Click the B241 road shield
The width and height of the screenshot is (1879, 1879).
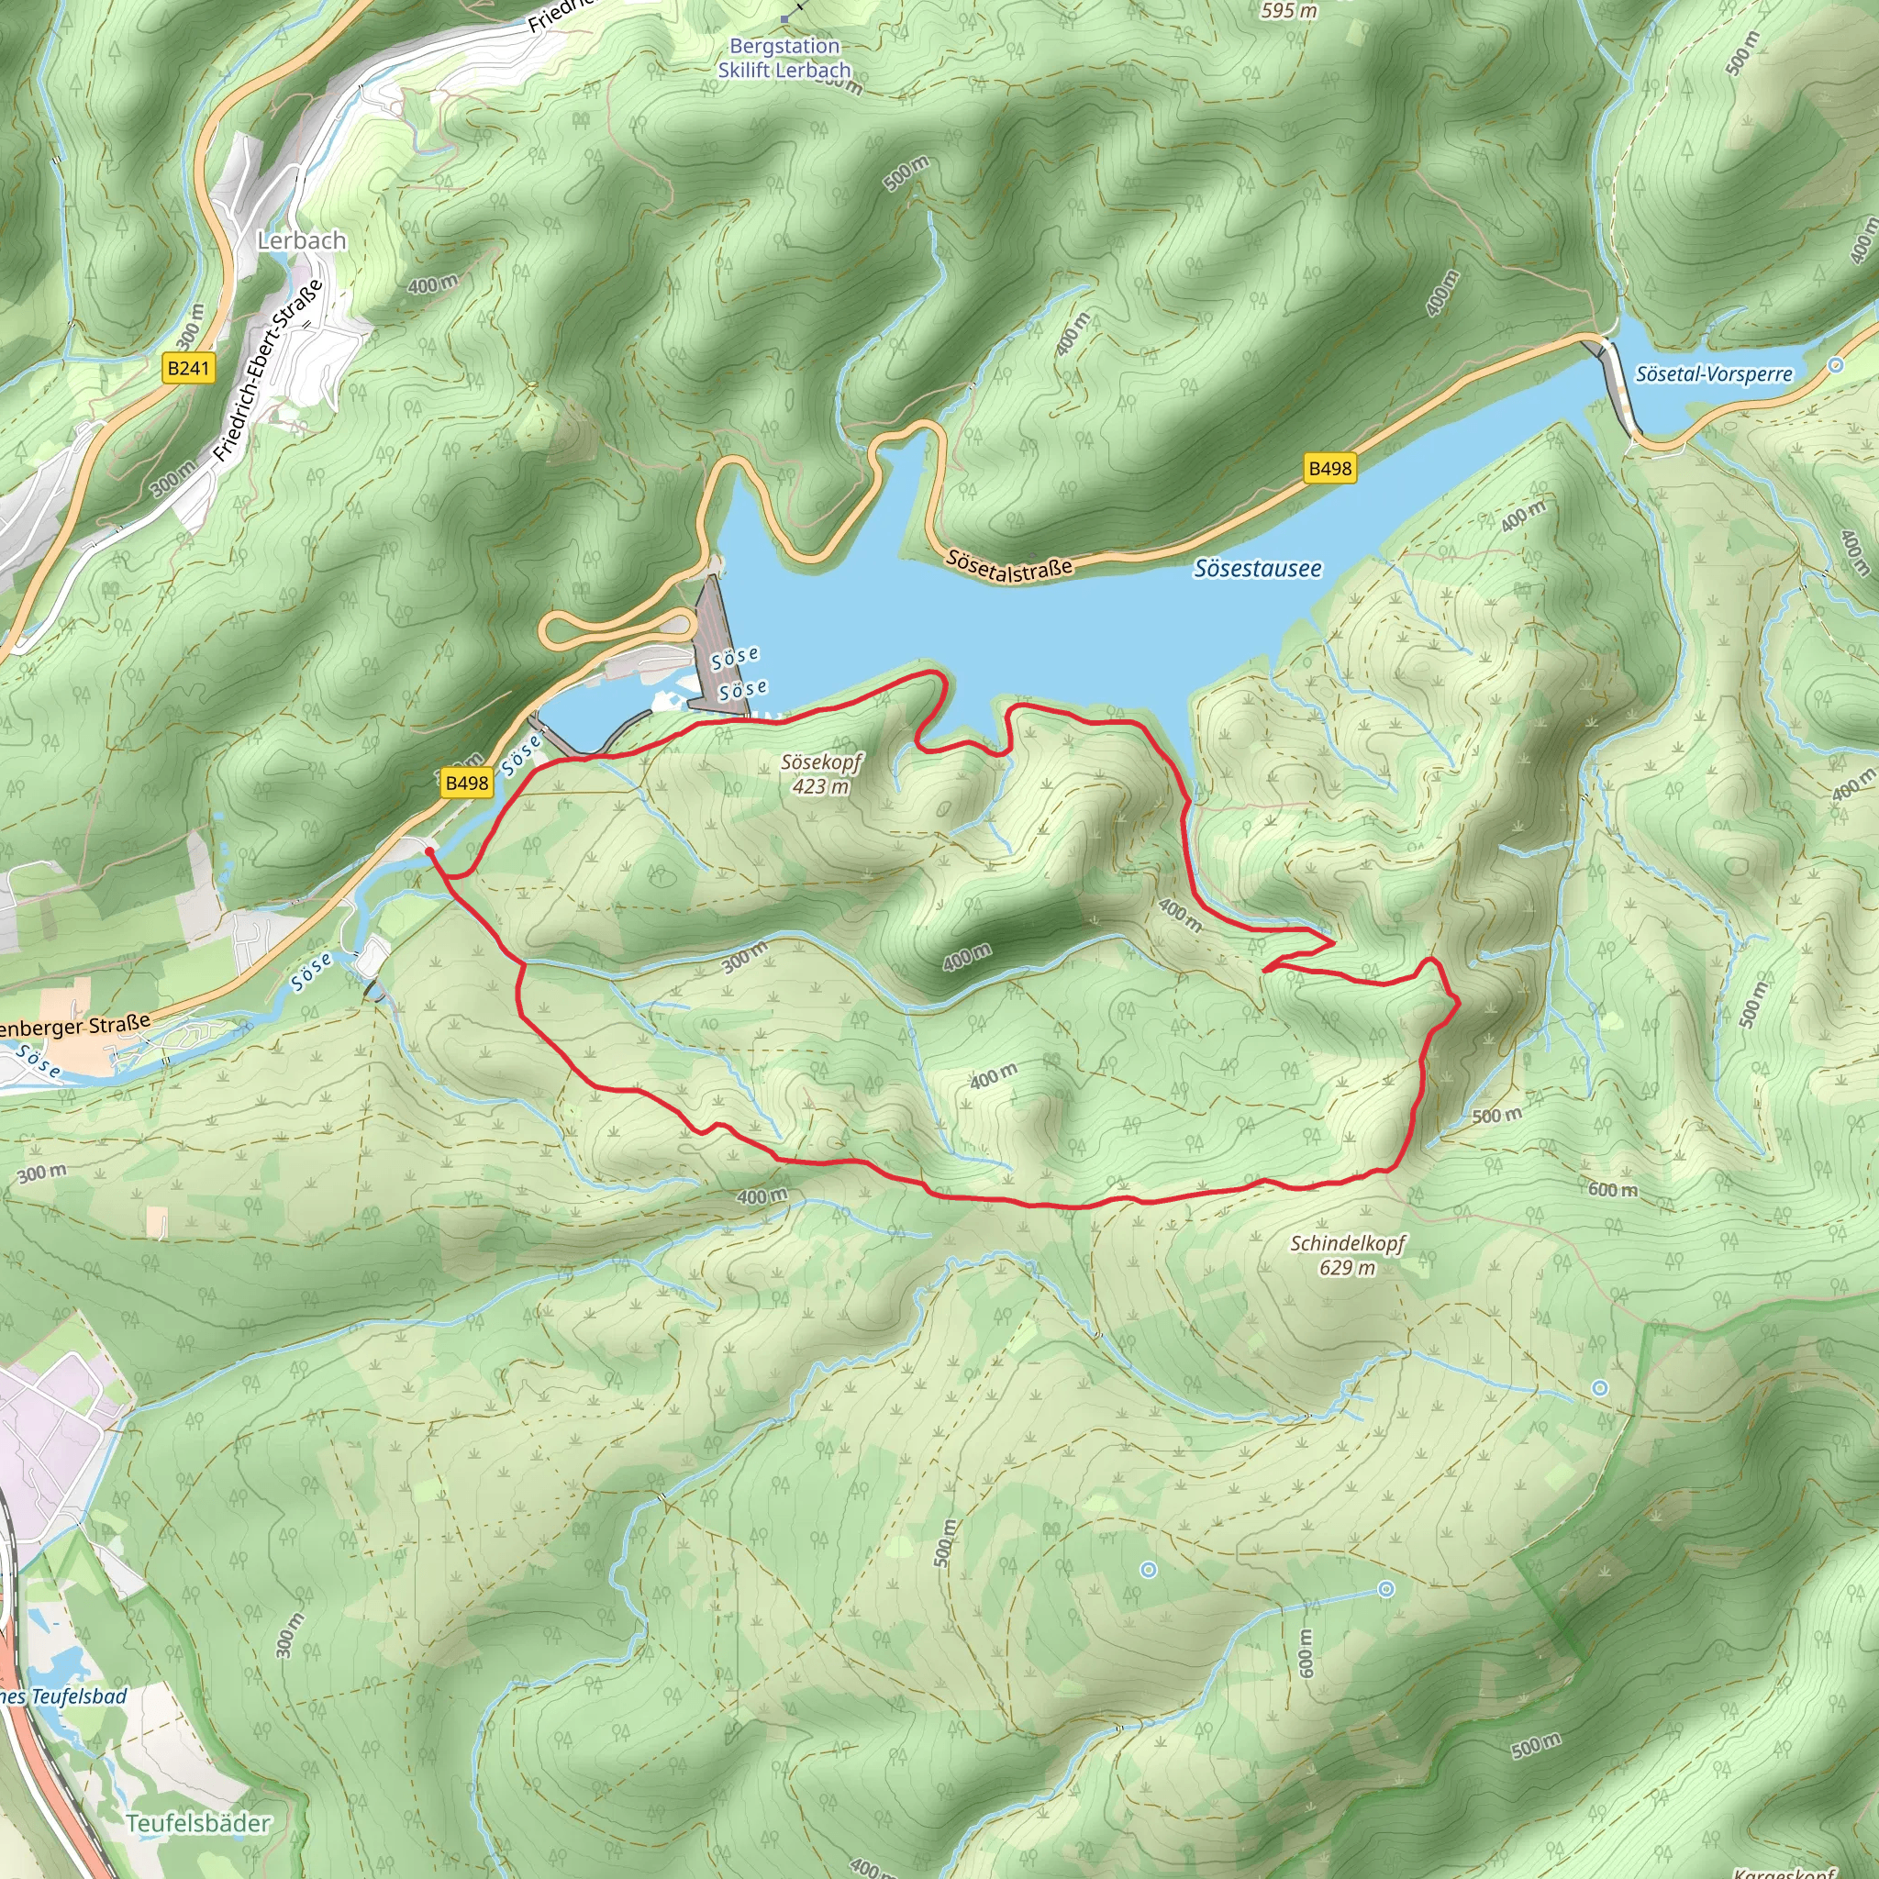(188, 368)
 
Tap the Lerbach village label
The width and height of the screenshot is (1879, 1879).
(302, 240)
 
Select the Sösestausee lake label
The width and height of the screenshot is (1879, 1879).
(1258, 568)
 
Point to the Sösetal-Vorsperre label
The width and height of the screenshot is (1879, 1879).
(1714, 374)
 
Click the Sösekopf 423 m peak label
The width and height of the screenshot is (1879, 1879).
(821, 774)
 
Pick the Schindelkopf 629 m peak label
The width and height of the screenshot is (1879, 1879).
(1347, 1254)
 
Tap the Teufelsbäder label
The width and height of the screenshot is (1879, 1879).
(198, 1823)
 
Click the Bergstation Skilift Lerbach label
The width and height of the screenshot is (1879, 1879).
(784, 59)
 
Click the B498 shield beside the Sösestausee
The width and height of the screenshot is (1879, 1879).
(1329, 469)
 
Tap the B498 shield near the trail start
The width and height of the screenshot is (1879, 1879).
(467, 783)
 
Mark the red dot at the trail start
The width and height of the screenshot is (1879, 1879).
(428, 851)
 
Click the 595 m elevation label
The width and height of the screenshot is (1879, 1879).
(1289, 11)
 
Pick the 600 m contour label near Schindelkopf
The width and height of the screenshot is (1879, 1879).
(1613, 1189)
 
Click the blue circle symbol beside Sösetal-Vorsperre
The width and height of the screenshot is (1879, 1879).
(1835, 366)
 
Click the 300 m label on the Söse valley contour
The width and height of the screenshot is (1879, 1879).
(745, 958)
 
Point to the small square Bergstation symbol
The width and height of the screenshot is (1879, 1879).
(784, 18)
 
